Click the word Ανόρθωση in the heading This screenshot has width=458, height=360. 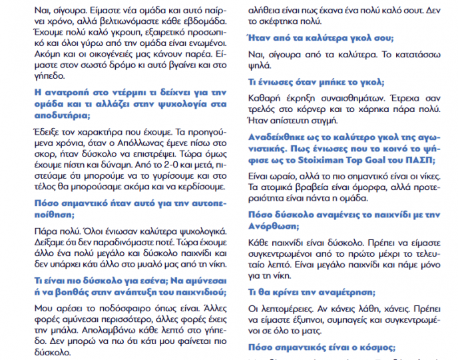pos(274,226)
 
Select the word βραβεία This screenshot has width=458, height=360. pos(322,188)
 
